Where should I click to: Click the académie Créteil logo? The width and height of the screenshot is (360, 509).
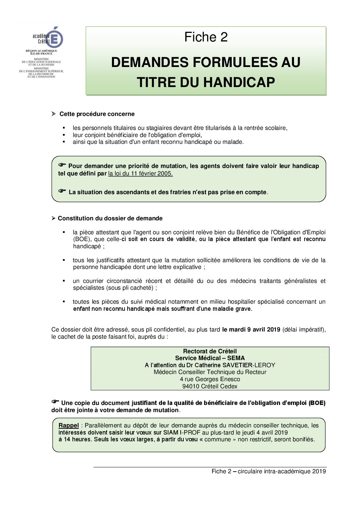(x=48, y=38)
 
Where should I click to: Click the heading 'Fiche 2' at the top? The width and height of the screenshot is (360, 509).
(x=206, y=37)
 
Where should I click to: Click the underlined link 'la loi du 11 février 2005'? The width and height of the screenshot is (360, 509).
(x=140, y=173)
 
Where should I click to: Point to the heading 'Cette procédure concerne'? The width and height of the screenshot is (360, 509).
(x=97, y=114)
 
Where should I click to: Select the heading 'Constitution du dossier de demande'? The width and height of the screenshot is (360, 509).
(x=110, y=218)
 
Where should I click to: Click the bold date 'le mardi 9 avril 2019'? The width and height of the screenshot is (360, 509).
(x=251, y=329)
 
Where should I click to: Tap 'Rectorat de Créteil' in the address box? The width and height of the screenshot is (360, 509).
(x=210, y=351)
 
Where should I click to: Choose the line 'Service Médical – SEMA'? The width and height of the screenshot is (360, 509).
(x=210, y=358)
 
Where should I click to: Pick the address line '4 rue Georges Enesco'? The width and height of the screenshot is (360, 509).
(x=210, y=379)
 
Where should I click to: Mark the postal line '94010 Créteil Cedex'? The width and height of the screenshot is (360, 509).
(x=210, y=386)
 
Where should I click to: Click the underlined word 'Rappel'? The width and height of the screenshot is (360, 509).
(x=69, y=425)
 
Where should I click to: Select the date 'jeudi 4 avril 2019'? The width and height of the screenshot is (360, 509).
(x=265, y=432)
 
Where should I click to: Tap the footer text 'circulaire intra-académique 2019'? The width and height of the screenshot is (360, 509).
(x=282, y=471)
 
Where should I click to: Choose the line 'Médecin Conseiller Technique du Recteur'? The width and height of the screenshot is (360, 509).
(x=210, y=372)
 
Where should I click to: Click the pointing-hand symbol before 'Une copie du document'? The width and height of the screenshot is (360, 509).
(x=55, y=402)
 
